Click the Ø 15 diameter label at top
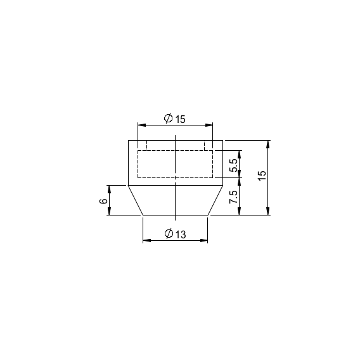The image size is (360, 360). (x=175, y=119)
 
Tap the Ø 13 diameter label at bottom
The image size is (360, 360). (x=175, y=234)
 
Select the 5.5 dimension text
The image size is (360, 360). (x=234, y=165)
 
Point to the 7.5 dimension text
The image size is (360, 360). (x=234, y=196)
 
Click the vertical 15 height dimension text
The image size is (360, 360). (x=262, y=176)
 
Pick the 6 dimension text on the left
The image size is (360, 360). (x=103, y=201)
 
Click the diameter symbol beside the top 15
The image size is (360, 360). (x=169, y=119)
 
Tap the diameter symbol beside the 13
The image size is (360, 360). (x=169, y=234)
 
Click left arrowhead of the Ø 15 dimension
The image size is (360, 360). (x=142, y=125)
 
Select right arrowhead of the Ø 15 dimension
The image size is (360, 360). (x=209, y=125)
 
